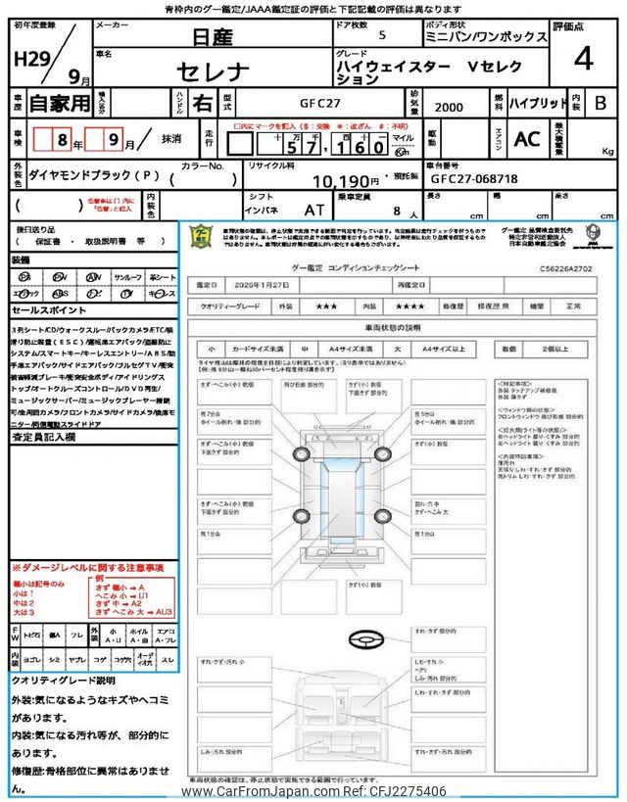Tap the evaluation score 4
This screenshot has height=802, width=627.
[583, 59]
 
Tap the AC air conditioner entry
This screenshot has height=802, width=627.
[527, 140]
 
